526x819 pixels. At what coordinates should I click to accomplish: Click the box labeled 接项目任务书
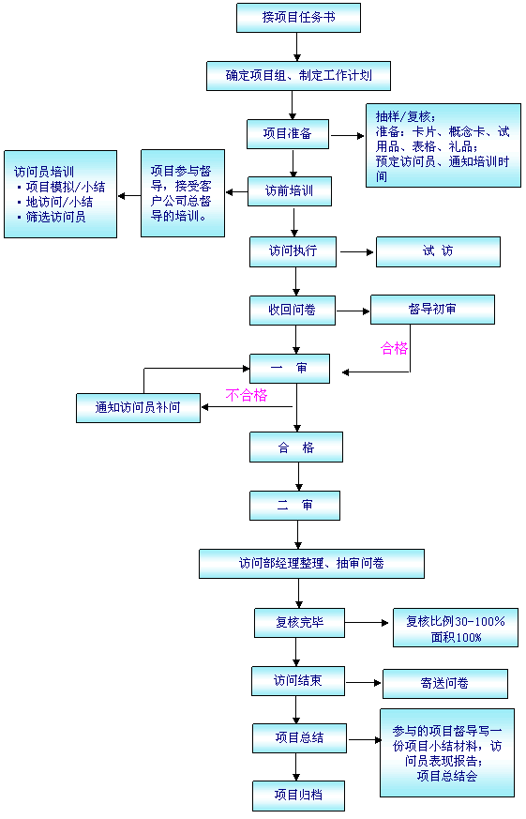[x=298, y=18]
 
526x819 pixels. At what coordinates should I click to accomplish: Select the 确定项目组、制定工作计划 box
[x=298, y=76]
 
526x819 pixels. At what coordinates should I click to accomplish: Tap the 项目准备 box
[x=288, y=134]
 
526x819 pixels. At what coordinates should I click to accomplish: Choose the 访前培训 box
[x=289, y=191]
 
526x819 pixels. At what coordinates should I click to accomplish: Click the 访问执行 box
[x=293, y=251]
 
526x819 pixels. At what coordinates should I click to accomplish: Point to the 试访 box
[x=438, y=251]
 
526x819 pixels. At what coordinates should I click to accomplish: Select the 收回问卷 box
[x=293, y=311]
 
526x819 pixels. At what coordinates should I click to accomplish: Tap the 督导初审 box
[x=432, y=310]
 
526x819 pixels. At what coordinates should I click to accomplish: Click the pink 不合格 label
[x=247, y=395]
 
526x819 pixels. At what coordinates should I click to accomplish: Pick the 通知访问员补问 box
[x=138, y=407]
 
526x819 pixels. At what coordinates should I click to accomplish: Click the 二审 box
[x=294, y=506]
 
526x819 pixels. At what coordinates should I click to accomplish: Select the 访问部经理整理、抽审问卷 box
[x=311, y=564]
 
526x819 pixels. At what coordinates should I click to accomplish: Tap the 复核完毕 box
[x=299, y=623]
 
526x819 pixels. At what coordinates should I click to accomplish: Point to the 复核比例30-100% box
[x=456, y=628]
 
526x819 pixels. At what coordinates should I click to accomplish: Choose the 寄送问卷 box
[x=445, y=683]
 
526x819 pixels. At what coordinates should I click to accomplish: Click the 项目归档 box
[x=298, y=796]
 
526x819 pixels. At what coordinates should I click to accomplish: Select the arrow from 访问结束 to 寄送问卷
[x=364, y=682]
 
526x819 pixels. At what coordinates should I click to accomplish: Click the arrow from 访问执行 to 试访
[x=357, y=251]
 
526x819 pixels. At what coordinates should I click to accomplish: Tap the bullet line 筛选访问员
[x=52, y=217]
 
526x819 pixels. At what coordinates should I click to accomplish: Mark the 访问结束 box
[x=298, y=680]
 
